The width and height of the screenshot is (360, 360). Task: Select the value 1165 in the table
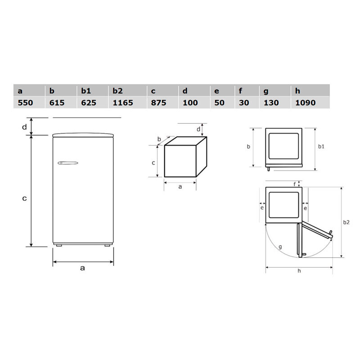pyautogui.click(x=122, y=103)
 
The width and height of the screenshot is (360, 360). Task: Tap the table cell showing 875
pyautogui.click(x=159, y=103)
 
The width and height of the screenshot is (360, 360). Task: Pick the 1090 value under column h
pyautogui.click(x=305, y=103)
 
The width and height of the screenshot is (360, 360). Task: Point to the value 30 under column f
pyautogui.click(x=244, y=103)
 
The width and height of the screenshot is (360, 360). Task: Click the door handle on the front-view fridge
pyautogui.click(x=67, y=163)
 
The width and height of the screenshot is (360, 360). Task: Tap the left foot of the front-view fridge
pyautogui.click(x=58, y=245)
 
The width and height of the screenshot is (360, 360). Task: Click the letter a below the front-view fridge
pyautogui.click(x=82, y=268)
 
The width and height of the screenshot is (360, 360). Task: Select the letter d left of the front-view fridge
pyautogui.click(x=24, y=127)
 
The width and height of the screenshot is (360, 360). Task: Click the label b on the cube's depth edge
pyautogui.click(x=159, y=139)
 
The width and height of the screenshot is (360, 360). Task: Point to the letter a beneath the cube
pyautogui.click(x=180, y=187)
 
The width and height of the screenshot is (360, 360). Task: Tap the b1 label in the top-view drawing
pyautogui.click(x=321, y=147)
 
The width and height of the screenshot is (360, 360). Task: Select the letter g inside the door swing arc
pyautogui.click(x=280, y=247)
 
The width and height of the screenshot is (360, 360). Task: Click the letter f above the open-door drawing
pyautogui.click(x=295, y=184)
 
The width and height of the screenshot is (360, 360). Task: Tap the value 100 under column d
pyautogui.click(x=190, y=103)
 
